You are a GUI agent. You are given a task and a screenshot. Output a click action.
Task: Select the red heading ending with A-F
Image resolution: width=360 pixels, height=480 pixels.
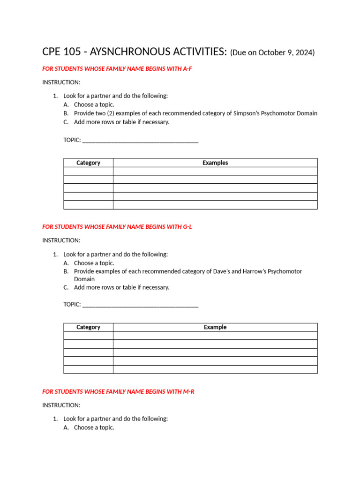click(117, 69)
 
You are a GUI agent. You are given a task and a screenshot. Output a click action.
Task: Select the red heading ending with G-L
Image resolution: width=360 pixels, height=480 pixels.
click(117, 227)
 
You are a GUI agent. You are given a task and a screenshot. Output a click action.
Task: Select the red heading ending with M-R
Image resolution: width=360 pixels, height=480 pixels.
click(118, 391)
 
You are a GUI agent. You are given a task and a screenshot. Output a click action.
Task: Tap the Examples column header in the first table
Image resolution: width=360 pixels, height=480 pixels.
click(215, 163)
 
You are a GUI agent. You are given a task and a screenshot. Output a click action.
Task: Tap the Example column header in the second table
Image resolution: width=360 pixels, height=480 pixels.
click(215, 327)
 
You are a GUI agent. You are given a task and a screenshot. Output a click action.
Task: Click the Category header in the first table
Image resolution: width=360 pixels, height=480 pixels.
click(88, 163)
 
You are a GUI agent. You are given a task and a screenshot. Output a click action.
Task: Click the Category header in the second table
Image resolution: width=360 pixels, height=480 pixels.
click(88, 327)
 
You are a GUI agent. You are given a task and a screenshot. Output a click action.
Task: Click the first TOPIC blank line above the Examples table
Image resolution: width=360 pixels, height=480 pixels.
click(140, 141)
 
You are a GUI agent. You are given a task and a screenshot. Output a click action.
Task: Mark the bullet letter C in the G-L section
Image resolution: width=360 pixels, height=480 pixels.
click(66, 287)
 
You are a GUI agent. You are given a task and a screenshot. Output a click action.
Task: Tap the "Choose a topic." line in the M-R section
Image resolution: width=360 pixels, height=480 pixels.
click(94, 427)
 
